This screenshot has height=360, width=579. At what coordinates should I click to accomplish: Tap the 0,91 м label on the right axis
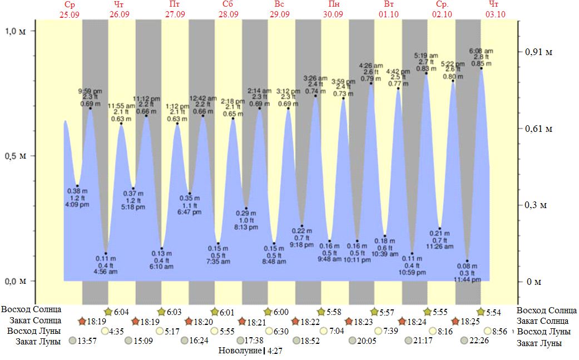coord(538,52)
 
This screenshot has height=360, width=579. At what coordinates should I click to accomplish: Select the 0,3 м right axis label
coord(536,205)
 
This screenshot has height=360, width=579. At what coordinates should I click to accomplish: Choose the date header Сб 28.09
coord(227,9)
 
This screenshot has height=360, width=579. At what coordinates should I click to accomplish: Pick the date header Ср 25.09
coord(69,9)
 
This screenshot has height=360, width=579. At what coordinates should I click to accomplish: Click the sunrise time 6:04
coord(121,311)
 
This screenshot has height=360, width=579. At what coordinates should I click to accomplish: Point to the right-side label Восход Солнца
coord(547,310)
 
